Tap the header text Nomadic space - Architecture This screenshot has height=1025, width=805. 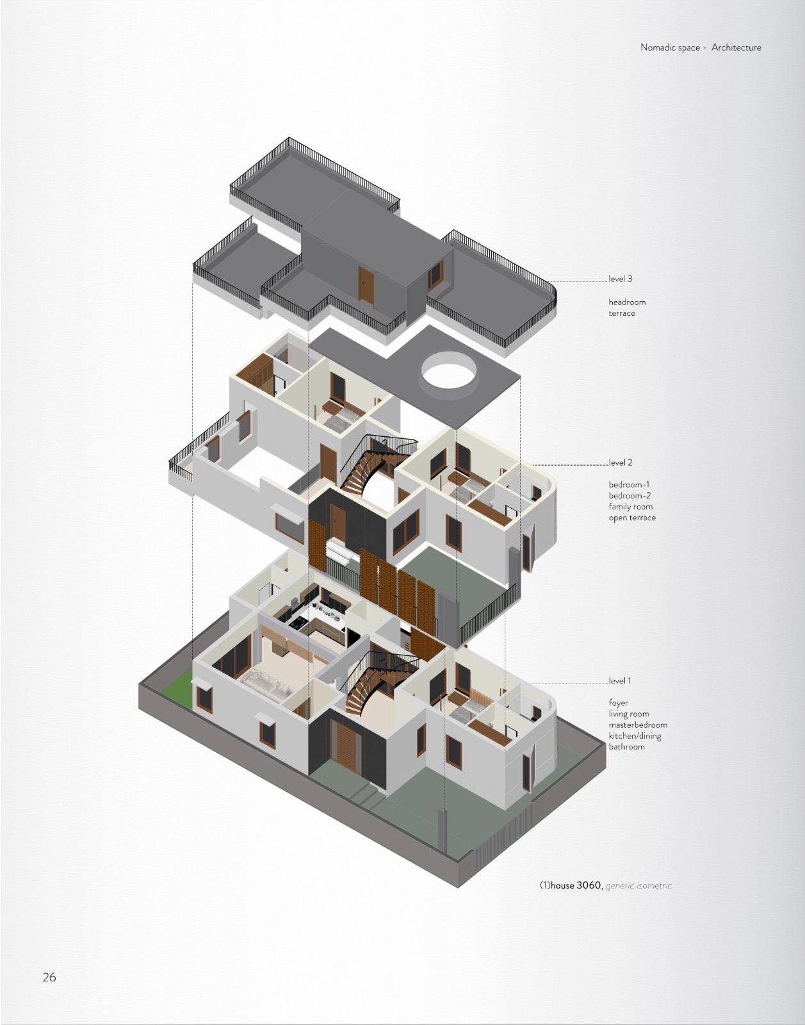click(x=701, y=47)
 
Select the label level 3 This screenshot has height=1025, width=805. click(x=621, y=279)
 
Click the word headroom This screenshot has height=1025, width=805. click(x=627, y=302)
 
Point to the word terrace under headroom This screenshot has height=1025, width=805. click(x=622, y=313)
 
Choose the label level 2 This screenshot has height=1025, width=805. click(x=621, y=463)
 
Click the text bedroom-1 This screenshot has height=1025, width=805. click(x=629, y=484)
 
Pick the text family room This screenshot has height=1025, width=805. click(x=631, y=507)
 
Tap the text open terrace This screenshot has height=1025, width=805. click(x=632, y=518)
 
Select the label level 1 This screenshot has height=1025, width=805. click(x=620, y=680)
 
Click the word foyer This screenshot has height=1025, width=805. click(x=619, y=703)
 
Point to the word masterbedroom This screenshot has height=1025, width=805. click(x=638, y=725)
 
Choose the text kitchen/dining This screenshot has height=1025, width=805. click(x=635, y=736)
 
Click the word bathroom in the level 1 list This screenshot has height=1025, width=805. click(x=626, y=747)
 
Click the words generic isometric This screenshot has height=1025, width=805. click(x=638, y=886)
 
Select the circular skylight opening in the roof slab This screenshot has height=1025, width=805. click(x=449, y=371)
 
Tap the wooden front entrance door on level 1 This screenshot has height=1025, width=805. click(x=346, y=747)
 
